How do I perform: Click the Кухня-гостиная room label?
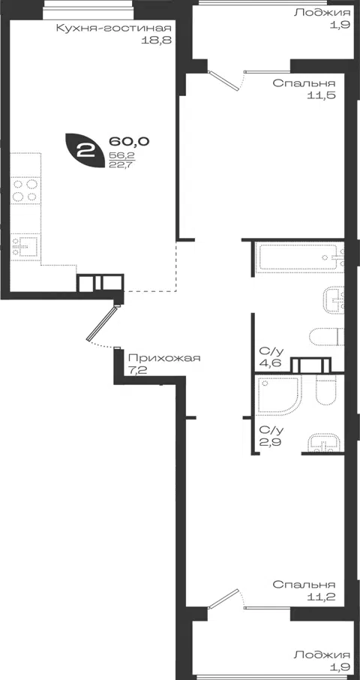[x=113, y=29]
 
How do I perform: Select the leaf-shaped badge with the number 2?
[x=85, y=150]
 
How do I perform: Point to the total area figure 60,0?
[x=129, y=141]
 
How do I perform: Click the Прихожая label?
[x=164, y=358]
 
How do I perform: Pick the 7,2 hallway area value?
[x=137, y=371]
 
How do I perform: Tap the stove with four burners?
[x=25, y=191]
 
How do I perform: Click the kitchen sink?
[x=25, y=246]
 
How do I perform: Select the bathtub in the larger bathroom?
[x=299, y=257]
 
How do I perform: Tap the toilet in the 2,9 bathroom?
[x=326, y=389]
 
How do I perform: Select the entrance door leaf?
[x=102, y=323]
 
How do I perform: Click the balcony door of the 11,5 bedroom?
[x=223, y=81]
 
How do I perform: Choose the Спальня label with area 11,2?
[x=304, y=584]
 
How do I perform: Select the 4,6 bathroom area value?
[x=268, y=363]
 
